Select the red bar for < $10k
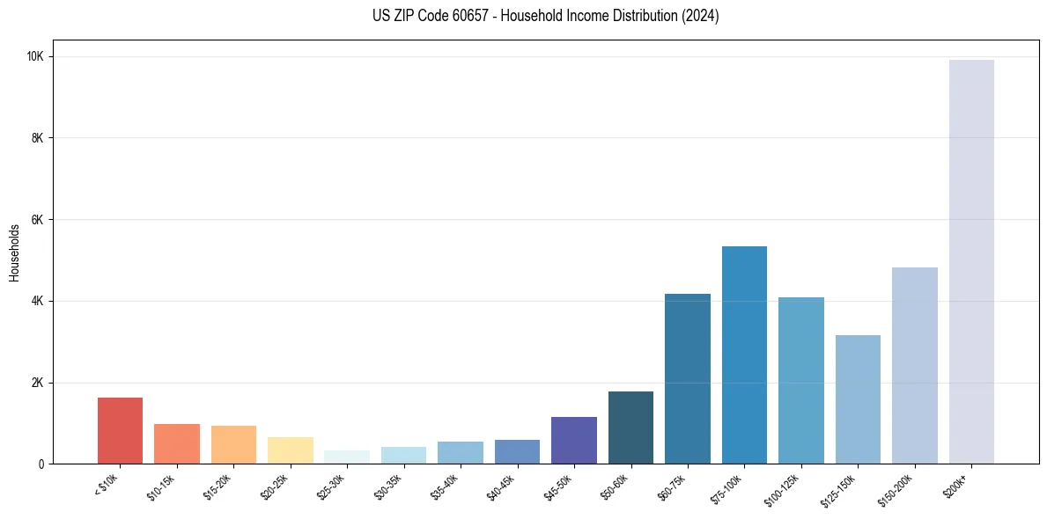(x=120, y=430)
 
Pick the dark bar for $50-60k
(x=630, y=428)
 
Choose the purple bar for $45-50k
(x=574, y=440)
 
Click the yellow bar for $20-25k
(x=291, y=450)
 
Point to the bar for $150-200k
(x=914, y=365)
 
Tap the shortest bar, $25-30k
(x=347, y=457)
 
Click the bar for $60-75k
(x=688, y=378)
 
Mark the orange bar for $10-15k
(x=177, y=444)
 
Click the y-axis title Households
(x=15, y=252)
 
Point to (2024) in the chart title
(x=701, y=17)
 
